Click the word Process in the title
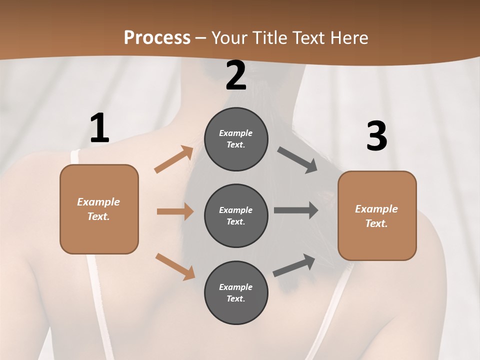point(157,37)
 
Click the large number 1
point(99,128)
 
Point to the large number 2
point(236,75)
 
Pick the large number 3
point(376,136)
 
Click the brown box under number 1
point(99,209)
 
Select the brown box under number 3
point(377,216)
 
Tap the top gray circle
point(236,139)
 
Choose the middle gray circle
point(236,216)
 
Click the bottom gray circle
point(236,293)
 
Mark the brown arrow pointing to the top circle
point(174,159)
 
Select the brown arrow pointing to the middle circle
point(175,211)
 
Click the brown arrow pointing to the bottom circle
point(175,266)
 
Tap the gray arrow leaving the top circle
point(297,160)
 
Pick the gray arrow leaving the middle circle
point(296,210)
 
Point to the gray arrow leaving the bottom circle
point(294,265)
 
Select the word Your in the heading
point(228,37)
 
